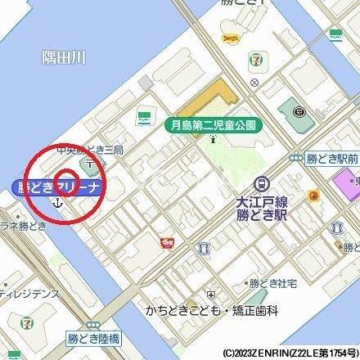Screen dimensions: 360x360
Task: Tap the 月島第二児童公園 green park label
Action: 212,125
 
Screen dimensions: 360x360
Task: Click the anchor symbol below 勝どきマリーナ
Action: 57,201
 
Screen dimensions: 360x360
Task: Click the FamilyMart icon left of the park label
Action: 144,118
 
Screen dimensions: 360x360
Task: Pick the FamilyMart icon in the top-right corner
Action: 335,34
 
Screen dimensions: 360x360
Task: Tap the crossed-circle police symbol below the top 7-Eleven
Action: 256,82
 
